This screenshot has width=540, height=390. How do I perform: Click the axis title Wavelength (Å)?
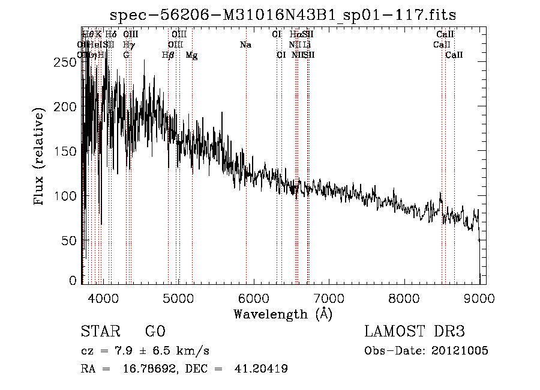pyautogui.click(x=283, y=314)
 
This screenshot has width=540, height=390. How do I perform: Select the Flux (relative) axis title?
pyautogui.click(x=40, y=157)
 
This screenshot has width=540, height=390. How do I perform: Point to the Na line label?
pyautogui.click(x=245, y=45)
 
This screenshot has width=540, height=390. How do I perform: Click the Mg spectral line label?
pyautogui.click(x=191, y=55)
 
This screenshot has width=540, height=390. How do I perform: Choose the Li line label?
pyautogui.click(x=307, y=45)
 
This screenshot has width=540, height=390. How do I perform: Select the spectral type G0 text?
pyautogui.click(x=155, y=332)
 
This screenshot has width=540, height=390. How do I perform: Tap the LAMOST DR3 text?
pyautogui.click(x=415, y=332)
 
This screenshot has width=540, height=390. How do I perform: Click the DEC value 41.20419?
pyautogui.click(x=260, y=369)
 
